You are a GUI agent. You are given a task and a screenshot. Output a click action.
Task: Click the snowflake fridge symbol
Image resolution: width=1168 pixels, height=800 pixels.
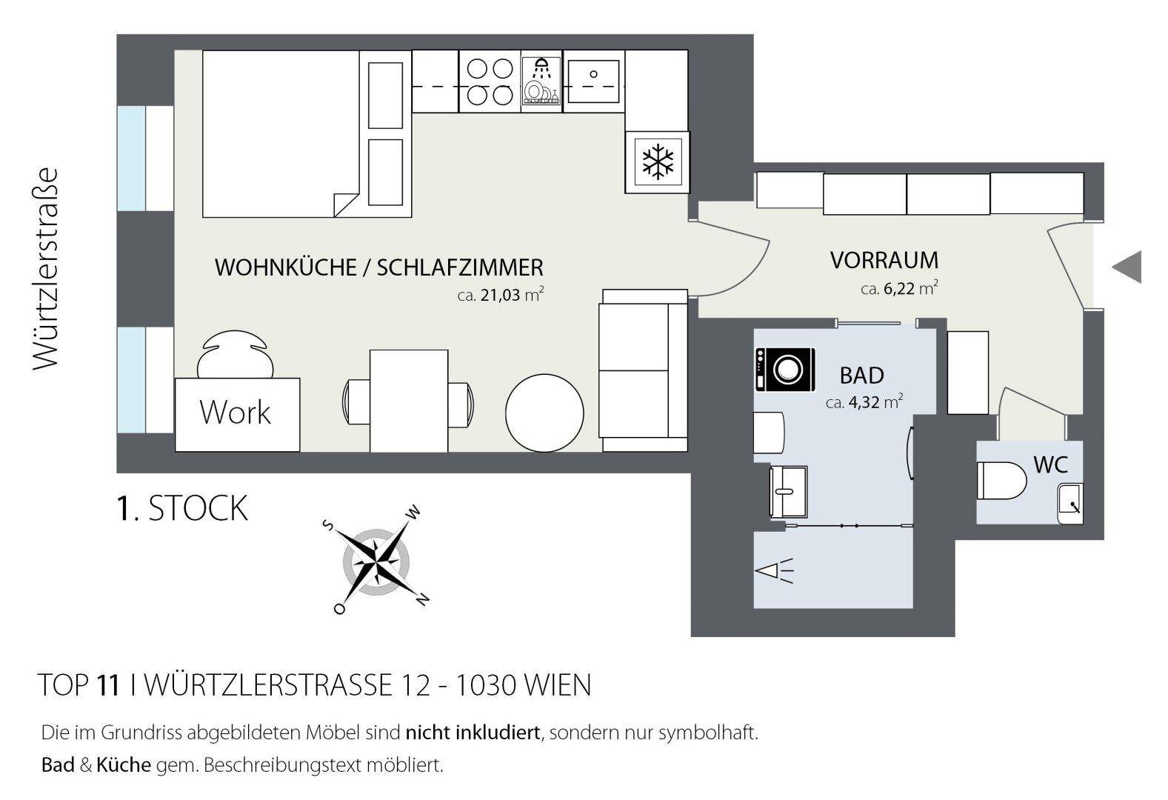[658, 162]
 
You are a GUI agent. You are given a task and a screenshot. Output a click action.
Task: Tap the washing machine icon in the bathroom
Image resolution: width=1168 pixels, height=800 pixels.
[785, 370]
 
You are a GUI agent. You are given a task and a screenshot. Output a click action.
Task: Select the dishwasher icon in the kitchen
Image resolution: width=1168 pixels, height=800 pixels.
[541, 81]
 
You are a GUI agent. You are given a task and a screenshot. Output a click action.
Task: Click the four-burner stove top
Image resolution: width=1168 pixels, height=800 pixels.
[490, 81]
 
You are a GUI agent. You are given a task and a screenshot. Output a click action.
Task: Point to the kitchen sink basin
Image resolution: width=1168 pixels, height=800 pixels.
[593, 81]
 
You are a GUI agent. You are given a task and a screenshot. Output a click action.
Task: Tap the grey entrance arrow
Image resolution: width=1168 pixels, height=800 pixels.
[1127, 267]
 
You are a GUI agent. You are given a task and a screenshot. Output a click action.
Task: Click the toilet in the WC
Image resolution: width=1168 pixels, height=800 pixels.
[1001, 480]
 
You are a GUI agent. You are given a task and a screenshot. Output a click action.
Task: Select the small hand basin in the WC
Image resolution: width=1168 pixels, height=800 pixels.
[1070, 503]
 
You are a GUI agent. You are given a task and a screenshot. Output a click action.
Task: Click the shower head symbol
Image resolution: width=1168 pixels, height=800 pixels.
[774, 571]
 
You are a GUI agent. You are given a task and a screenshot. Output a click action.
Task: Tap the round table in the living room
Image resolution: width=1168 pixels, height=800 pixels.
[544, 413]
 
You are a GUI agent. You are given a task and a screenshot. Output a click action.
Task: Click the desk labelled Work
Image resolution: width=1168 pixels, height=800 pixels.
[237, 415]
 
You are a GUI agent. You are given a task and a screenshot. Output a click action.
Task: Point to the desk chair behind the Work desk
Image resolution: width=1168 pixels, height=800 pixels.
[235, 355]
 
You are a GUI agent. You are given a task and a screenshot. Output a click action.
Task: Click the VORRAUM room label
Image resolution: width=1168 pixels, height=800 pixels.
[884, 260]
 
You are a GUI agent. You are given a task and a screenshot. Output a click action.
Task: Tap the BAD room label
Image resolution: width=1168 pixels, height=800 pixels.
[862, 376]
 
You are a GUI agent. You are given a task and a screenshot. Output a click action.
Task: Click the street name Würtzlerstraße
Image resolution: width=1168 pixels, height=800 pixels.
[45, 269]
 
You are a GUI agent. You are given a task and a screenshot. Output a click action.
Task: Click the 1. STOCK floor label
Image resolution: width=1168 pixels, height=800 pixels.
[182, 508]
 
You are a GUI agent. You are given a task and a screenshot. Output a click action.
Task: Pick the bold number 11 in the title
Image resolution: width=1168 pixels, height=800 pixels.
[108, 684]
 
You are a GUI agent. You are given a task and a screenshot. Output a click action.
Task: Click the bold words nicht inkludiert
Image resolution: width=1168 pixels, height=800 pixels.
[473, 732]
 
